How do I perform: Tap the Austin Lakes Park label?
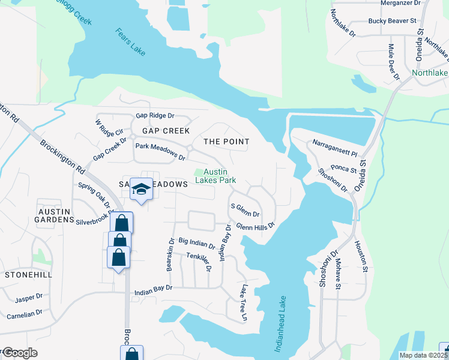(215, 176)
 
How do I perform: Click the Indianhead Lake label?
(280, 323)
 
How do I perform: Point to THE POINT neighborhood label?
(226, 141)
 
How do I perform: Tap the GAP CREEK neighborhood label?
(166, 131)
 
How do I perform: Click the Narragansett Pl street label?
(335, 148)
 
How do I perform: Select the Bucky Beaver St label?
(393, 21)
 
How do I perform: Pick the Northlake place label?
(430, 74)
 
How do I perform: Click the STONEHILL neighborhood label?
(28, 274)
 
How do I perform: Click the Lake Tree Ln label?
(244, 304)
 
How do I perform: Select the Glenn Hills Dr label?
(255, 226)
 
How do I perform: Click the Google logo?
(20, 353)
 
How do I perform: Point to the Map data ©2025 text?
(423, 355)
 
